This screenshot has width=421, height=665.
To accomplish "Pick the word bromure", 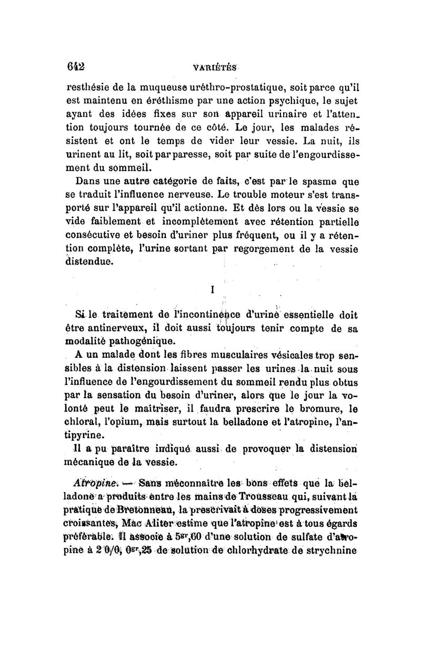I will click(x=318, y=409).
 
